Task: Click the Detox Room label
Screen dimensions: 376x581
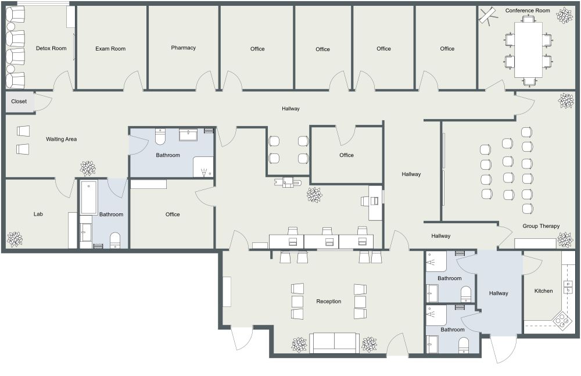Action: (51, 48)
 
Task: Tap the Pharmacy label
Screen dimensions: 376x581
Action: (183, 48)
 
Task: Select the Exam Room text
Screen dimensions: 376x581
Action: (110, 49)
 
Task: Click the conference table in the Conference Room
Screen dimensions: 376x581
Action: (529, 49)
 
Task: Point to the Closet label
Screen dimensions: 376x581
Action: (19, 101)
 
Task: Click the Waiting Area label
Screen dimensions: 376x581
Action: (62, 139)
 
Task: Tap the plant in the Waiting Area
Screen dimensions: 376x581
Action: (88, 169)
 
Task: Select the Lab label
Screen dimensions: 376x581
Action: (38, 214)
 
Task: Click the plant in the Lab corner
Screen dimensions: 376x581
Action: (15, 239)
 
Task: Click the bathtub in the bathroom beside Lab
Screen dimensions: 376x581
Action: (88, 198)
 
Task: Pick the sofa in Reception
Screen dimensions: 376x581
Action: (334, 342)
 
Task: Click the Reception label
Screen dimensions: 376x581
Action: (328, 301)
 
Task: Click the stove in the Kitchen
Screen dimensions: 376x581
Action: (562, 320)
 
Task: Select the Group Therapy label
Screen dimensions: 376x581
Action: (541, 226)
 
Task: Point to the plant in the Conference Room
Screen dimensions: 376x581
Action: (564, 16)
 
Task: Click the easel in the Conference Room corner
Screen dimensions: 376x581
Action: (488, 15)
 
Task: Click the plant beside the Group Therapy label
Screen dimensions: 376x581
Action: (565, 239)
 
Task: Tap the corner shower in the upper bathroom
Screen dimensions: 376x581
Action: (203, 167)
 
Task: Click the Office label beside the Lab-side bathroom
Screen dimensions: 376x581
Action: (173, 214)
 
